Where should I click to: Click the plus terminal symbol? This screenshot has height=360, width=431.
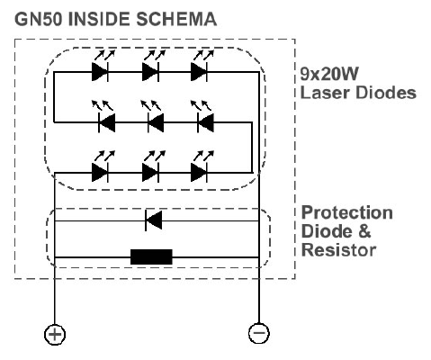tap(55, 334)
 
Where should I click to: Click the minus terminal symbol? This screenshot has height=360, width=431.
tap(259, 333)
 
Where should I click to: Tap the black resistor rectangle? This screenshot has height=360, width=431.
tap(151, 256)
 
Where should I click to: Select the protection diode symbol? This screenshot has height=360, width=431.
tap(154, 220)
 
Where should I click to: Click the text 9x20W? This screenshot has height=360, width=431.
tap(329, 74)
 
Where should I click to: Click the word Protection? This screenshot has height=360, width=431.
tap(347, 212)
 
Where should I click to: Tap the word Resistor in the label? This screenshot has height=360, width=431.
tap(338, 250)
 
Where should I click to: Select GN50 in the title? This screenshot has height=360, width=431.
tap(39, 19)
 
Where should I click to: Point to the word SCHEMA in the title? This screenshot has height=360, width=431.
tap(176, 19)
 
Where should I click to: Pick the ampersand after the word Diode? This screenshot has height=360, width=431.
tap(364, 231)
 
